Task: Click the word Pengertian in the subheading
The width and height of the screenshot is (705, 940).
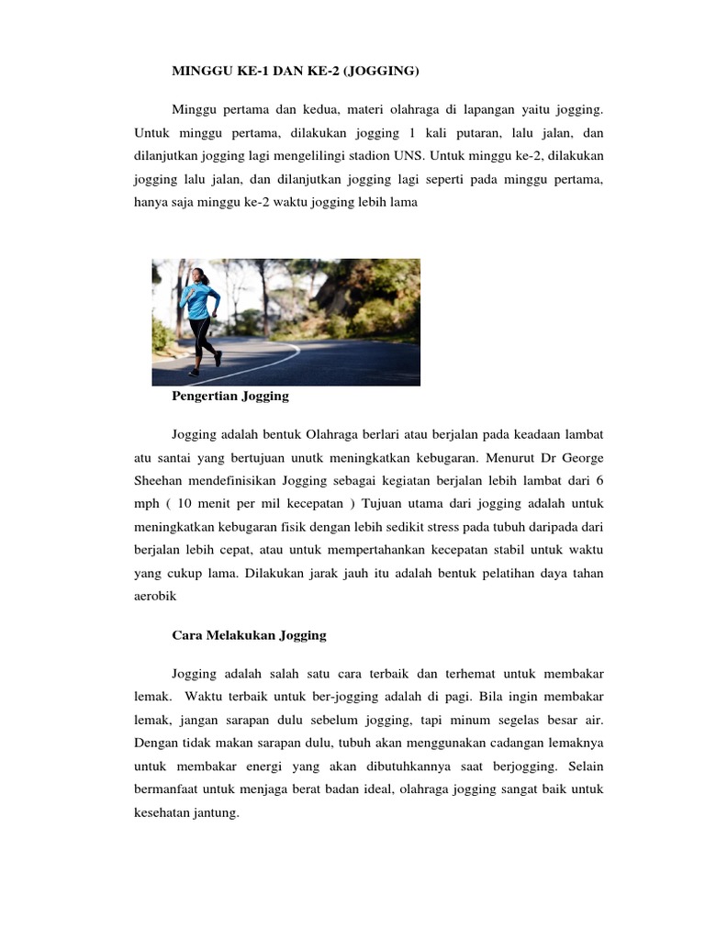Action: pos(205,397)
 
